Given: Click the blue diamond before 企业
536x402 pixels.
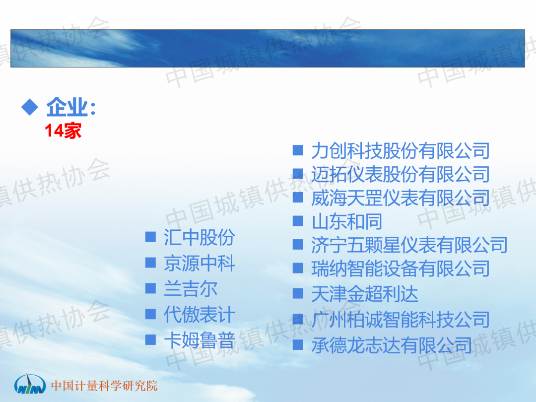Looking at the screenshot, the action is [x=30, y=107].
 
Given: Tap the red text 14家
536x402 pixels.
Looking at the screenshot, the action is [x=63, y=131].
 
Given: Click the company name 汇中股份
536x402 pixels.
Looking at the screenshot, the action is [x=200, y=237].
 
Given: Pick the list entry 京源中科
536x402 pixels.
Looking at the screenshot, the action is [x=200, y=263].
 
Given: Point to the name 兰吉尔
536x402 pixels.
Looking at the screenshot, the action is [x=191, y=289].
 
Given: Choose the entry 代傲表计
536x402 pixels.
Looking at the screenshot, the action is [x=200, y=315].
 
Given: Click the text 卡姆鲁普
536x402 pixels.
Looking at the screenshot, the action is [x=200, y=340].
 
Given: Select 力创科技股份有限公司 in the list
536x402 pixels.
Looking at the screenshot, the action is [x=401, y=151].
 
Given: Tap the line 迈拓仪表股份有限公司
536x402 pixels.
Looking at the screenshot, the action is [x=401, y=174].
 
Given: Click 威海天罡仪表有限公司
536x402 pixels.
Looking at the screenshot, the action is [x=401, y=198].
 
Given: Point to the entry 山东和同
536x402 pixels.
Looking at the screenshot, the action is [x=346, y=221].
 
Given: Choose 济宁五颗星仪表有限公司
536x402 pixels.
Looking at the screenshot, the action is [x=409, y=245].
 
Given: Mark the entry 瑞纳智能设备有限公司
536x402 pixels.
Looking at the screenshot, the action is [x=401, y=268].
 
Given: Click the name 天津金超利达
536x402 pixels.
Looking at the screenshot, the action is [x=364, y=294].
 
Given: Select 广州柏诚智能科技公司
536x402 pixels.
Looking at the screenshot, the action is [x=401, y=320].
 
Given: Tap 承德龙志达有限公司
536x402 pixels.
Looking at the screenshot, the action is [x=392, y=345].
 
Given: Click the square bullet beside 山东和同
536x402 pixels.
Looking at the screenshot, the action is [x=298, y=221].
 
